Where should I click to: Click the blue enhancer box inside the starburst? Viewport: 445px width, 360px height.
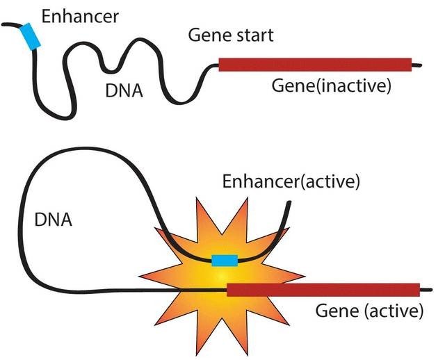tap(225, 261)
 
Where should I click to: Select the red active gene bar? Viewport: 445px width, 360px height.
tap(323, 290)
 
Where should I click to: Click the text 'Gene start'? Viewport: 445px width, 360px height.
tap(232, 35)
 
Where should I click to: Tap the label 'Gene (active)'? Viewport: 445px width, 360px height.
tap(369, 311)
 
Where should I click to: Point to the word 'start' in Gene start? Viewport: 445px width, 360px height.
tap(253, 35)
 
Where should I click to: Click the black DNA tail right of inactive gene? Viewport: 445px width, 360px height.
tap(416, 66)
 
